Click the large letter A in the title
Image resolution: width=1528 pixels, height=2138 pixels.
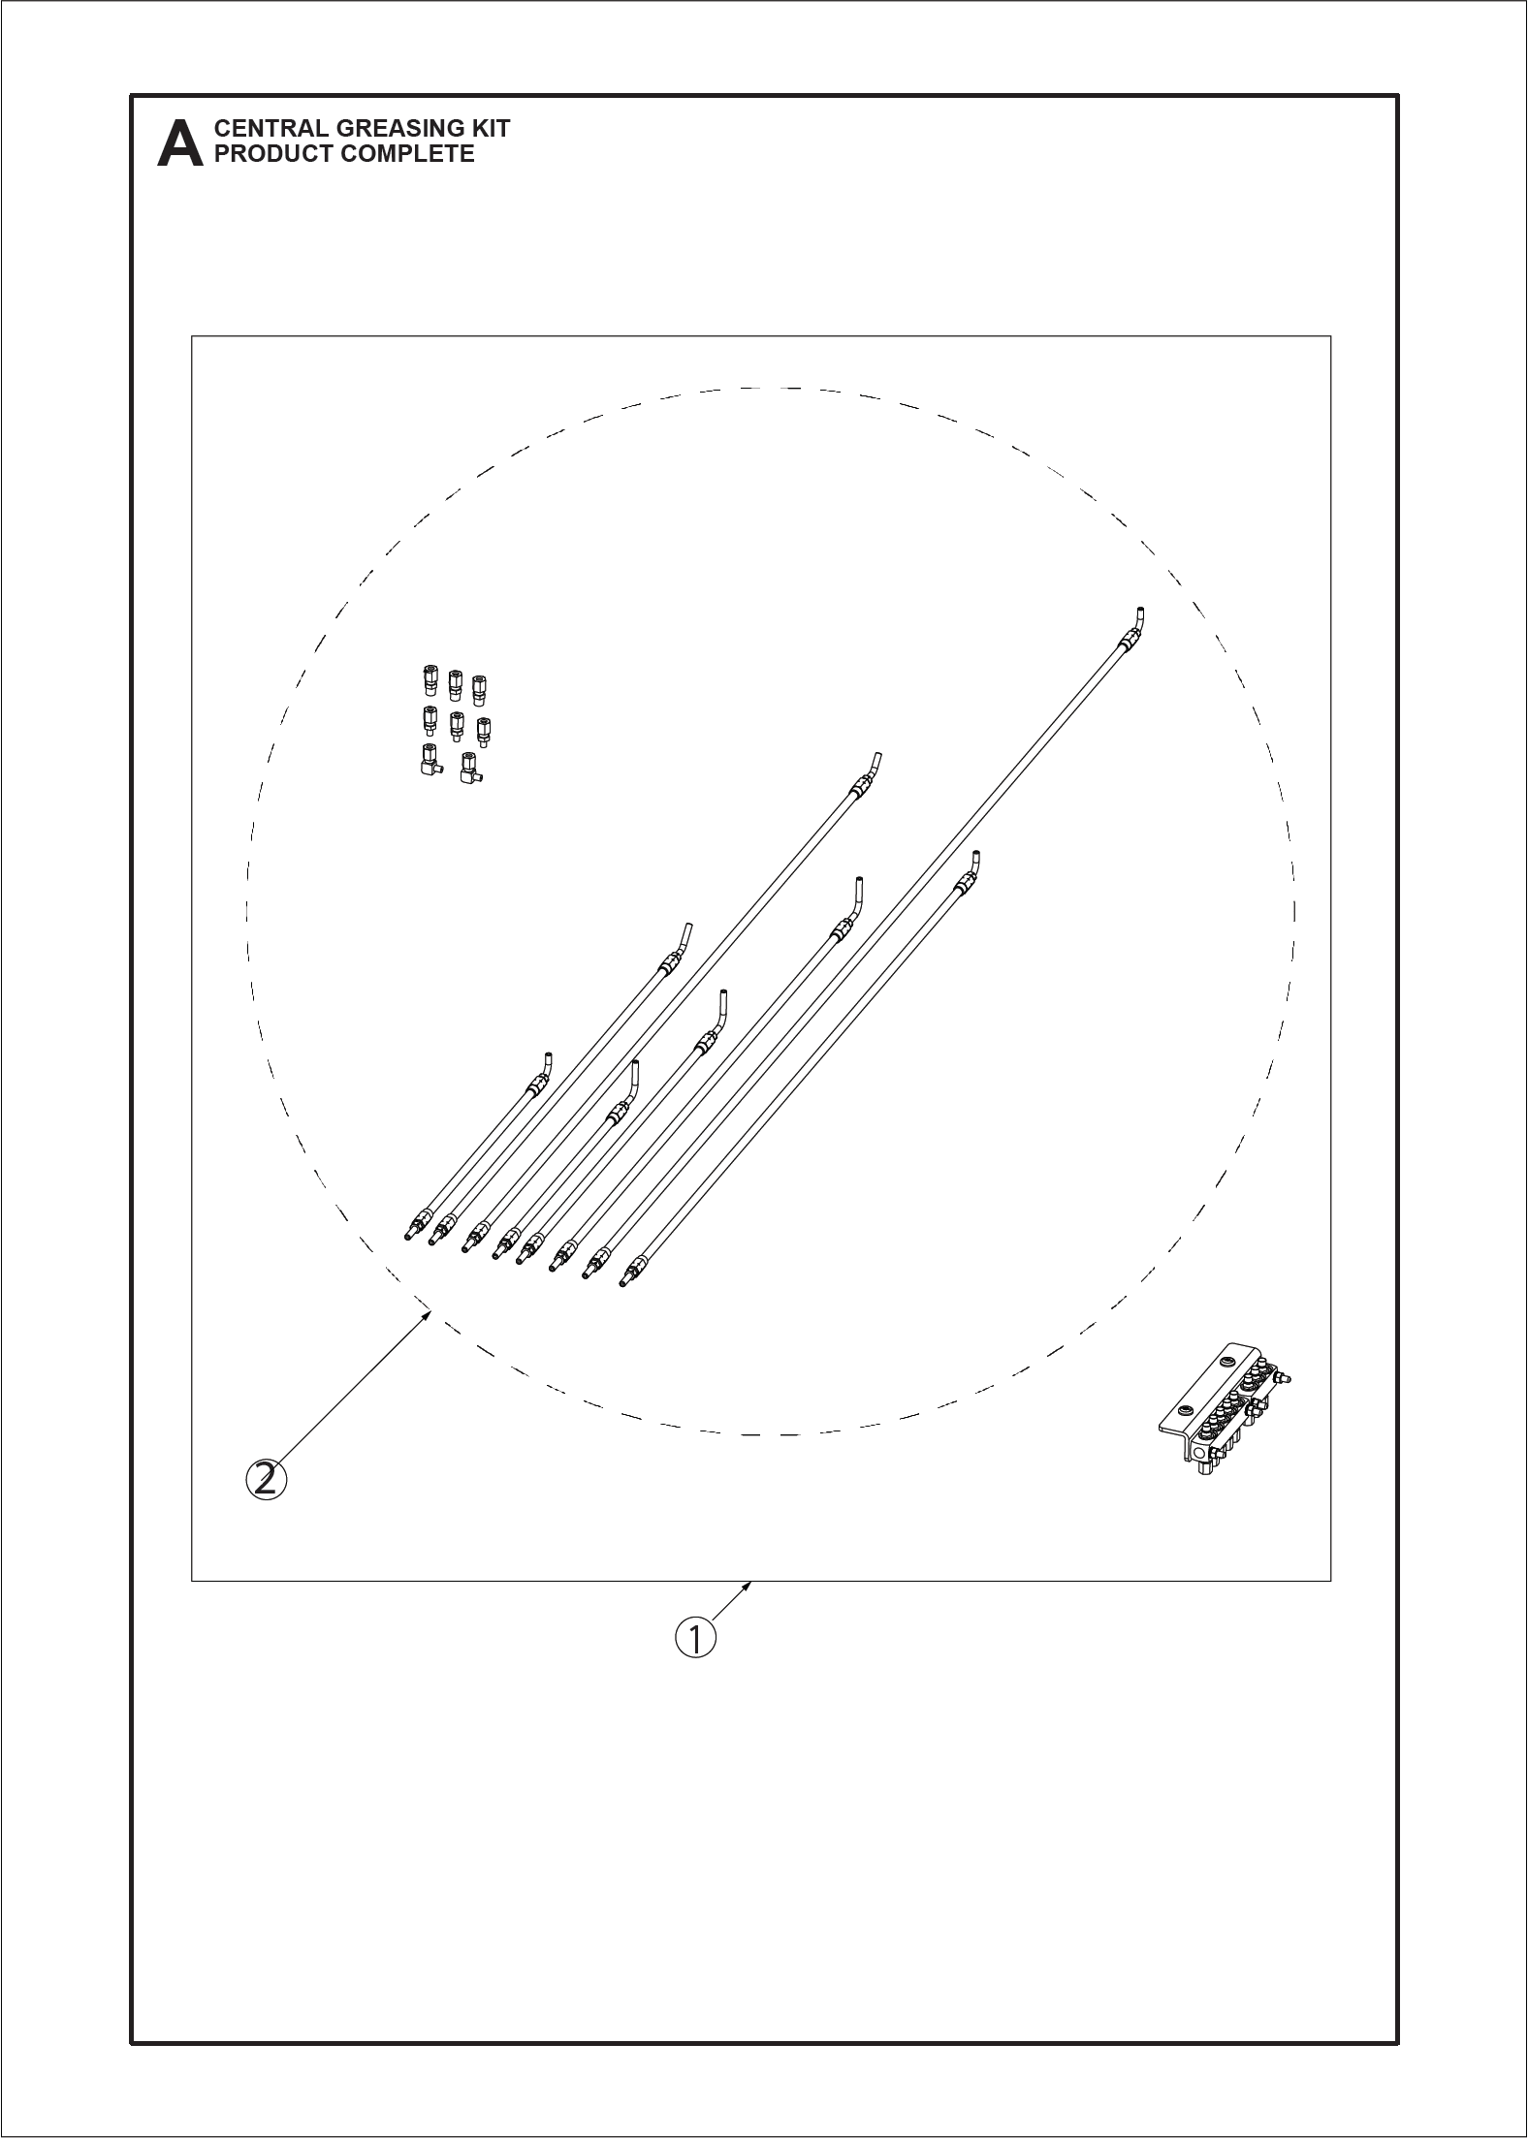click(180, 143)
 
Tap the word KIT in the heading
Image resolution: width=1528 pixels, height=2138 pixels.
click(492, 128)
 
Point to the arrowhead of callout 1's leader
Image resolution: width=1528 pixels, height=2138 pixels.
click(748, 1585)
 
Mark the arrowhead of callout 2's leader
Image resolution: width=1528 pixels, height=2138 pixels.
click(427, 1314)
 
